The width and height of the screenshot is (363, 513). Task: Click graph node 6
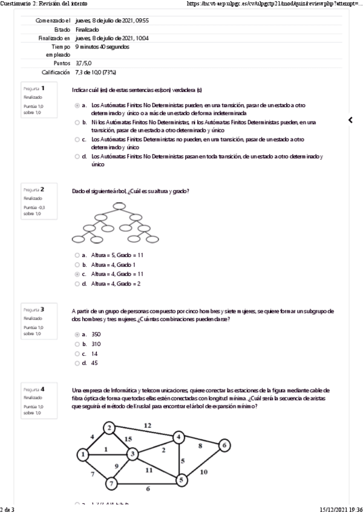pyautogui.click(x=224, y=446)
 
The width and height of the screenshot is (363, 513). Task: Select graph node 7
pyautogui.click(x=111, y=483)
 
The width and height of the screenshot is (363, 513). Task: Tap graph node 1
pyautogui.click(x=83, y=454)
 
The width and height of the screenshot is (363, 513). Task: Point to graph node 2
pyautogui.click(x=109, y=428)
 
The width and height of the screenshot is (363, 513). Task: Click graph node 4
pyautogui.click(x=178, y=437)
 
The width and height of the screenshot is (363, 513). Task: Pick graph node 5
pyautogui.click(x=180, y=480)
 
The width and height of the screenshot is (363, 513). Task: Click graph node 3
pyautogui.click(x=132, y=454)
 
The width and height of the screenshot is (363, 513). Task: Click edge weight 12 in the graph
pyautogui.click(x=147, y=425)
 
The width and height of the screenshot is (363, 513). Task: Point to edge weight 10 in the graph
pyautogui.click(x=204, y=471)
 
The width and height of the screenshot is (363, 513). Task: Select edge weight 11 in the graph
pyautogui.click(x=148, y=469)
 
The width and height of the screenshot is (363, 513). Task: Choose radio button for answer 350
pyautogui.click(x=77, y=334)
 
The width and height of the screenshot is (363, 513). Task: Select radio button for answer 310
pyautogui.click(x=77, y=344)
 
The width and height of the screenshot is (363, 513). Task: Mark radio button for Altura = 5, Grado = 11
pyautogui.click(x=77, y=255)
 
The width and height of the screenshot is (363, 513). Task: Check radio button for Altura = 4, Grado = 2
pyautogui.click(x=77, y=284)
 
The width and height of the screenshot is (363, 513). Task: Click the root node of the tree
pyautogui.click(x=119, y=205)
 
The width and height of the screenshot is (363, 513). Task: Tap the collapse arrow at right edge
pyautogui.click(x=350, y=120)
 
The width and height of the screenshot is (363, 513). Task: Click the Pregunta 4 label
pyautogui.click(x=34, y=388)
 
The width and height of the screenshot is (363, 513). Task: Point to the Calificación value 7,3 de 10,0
pyautogui.click(x=96, y=72)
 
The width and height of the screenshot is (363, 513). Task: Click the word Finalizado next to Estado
pyautogui.click(x=88, y=29)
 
